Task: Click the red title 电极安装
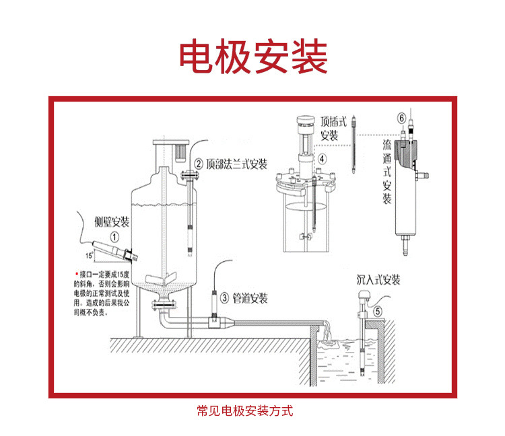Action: (x=252, y=57)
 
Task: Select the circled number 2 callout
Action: (x=199, y=163)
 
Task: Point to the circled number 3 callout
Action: (x=224, y=297)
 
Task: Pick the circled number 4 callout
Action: (x=322, y=159)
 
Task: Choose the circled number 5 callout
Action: (x=378, y=310)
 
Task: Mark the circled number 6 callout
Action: (x=402, y=119)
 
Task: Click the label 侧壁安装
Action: (x=112, y=222)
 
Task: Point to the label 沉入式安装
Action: (x=378, y=279)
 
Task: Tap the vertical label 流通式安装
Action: (x=387, y=172)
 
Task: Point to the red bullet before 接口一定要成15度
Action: (x=76, y=274)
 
